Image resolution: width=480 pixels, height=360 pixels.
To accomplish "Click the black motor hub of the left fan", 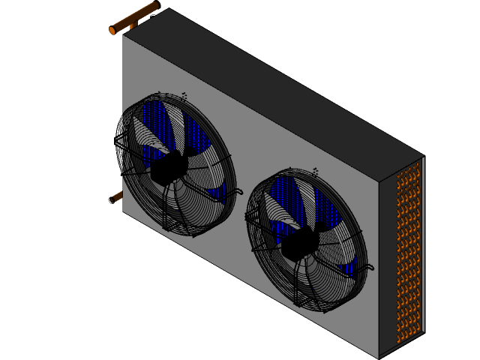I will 169,168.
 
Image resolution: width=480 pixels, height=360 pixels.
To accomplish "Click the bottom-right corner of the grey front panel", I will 378,355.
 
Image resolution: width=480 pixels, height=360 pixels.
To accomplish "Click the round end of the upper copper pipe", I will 112,31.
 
